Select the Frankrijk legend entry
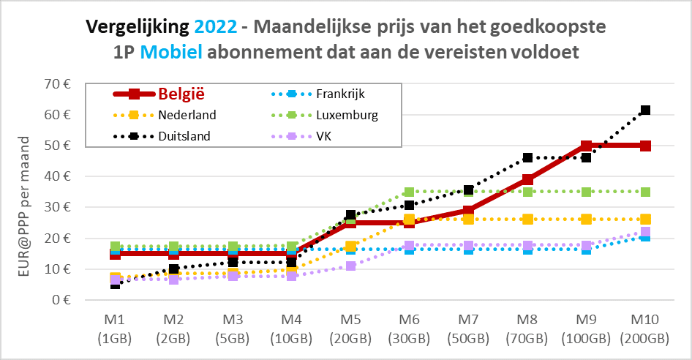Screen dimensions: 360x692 (340, 94)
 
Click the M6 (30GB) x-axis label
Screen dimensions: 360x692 (409, 331)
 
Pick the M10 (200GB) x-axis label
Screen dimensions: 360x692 (644, 331)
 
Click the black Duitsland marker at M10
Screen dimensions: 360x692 (645, 110)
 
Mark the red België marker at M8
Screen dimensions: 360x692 (527, 179)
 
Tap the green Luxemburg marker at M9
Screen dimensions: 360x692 (586, 192)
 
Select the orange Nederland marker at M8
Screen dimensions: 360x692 (527, 220)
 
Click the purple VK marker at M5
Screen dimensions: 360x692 (350, 266)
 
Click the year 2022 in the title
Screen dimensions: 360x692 (216, 27)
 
